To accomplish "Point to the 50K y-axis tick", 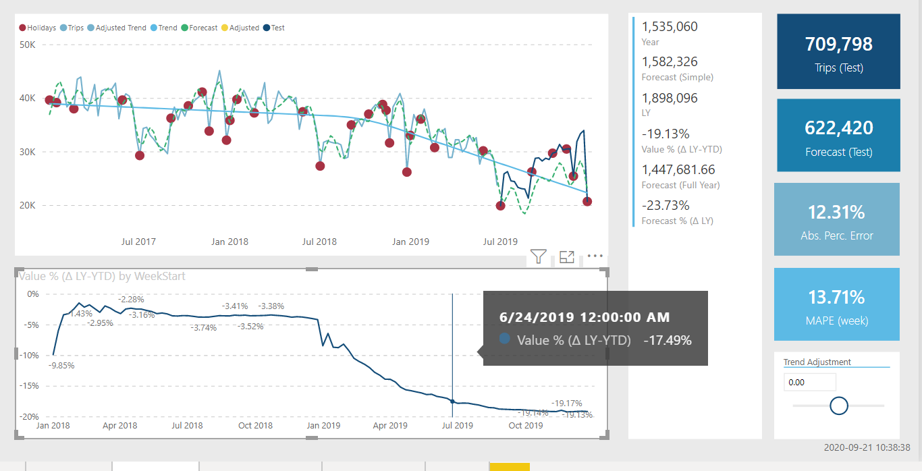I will coord(28,45).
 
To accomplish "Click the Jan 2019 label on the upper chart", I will coord(410,242).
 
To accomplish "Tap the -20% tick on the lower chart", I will coord(30,417).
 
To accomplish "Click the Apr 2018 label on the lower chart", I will coord(119,426).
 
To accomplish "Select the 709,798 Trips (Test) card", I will coord(838,51).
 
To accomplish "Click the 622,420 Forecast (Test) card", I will coord(838,135).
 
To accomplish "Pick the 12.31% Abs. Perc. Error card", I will coord(837,219).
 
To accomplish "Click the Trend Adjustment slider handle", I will coord(838,406).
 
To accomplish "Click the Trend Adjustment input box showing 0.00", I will coord(809,383).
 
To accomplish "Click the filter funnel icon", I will coord(538,256).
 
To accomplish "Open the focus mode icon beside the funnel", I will coord(567,256).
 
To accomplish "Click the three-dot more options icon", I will coord(595,256).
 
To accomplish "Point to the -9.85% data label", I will coord(61,366).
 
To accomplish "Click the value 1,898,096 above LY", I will coord(670,99).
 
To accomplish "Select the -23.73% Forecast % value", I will coord(666,206).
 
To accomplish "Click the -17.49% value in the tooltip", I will coord(668,341).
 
